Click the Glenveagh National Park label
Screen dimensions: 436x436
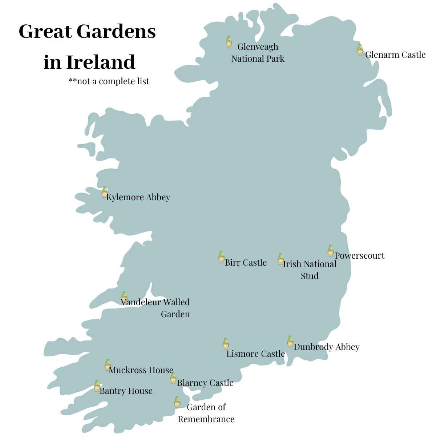pos(258,53)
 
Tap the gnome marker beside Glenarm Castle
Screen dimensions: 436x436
pos(360,49)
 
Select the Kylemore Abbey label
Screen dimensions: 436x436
pos(138,197)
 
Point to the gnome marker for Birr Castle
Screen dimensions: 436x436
pos(221,257)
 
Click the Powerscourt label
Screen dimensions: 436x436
pos(359,256)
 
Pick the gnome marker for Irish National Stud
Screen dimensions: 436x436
pos(280,259)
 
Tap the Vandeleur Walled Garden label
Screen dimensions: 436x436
pos(156,308)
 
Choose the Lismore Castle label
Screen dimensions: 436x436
pos(255,354)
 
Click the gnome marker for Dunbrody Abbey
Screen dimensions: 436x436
pos(290,342)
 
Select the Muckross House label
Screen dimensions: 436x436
pos(141,370)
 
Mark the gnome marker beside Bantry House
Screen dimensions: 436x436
pos(97,386)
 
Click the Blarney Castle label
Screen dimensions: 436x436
pos(205,383)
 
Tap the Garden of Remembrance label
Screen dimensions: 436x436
pos(206,413)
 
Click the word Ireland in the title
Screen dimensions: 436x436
pos(101,62)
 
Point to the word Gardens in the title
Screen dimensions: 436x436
pos(116,32)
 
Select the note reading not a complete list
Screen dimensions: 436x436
pos(109,81)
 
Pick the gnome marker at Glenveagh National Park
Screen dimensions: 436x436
pos(229,42)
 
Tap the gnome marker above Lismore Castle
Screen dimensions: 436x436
pos(226,343)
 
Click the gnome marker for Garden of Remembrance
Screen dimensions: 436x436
pos(177,402)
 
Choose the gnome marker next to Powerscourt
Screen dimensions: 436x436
pos(330,251)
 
